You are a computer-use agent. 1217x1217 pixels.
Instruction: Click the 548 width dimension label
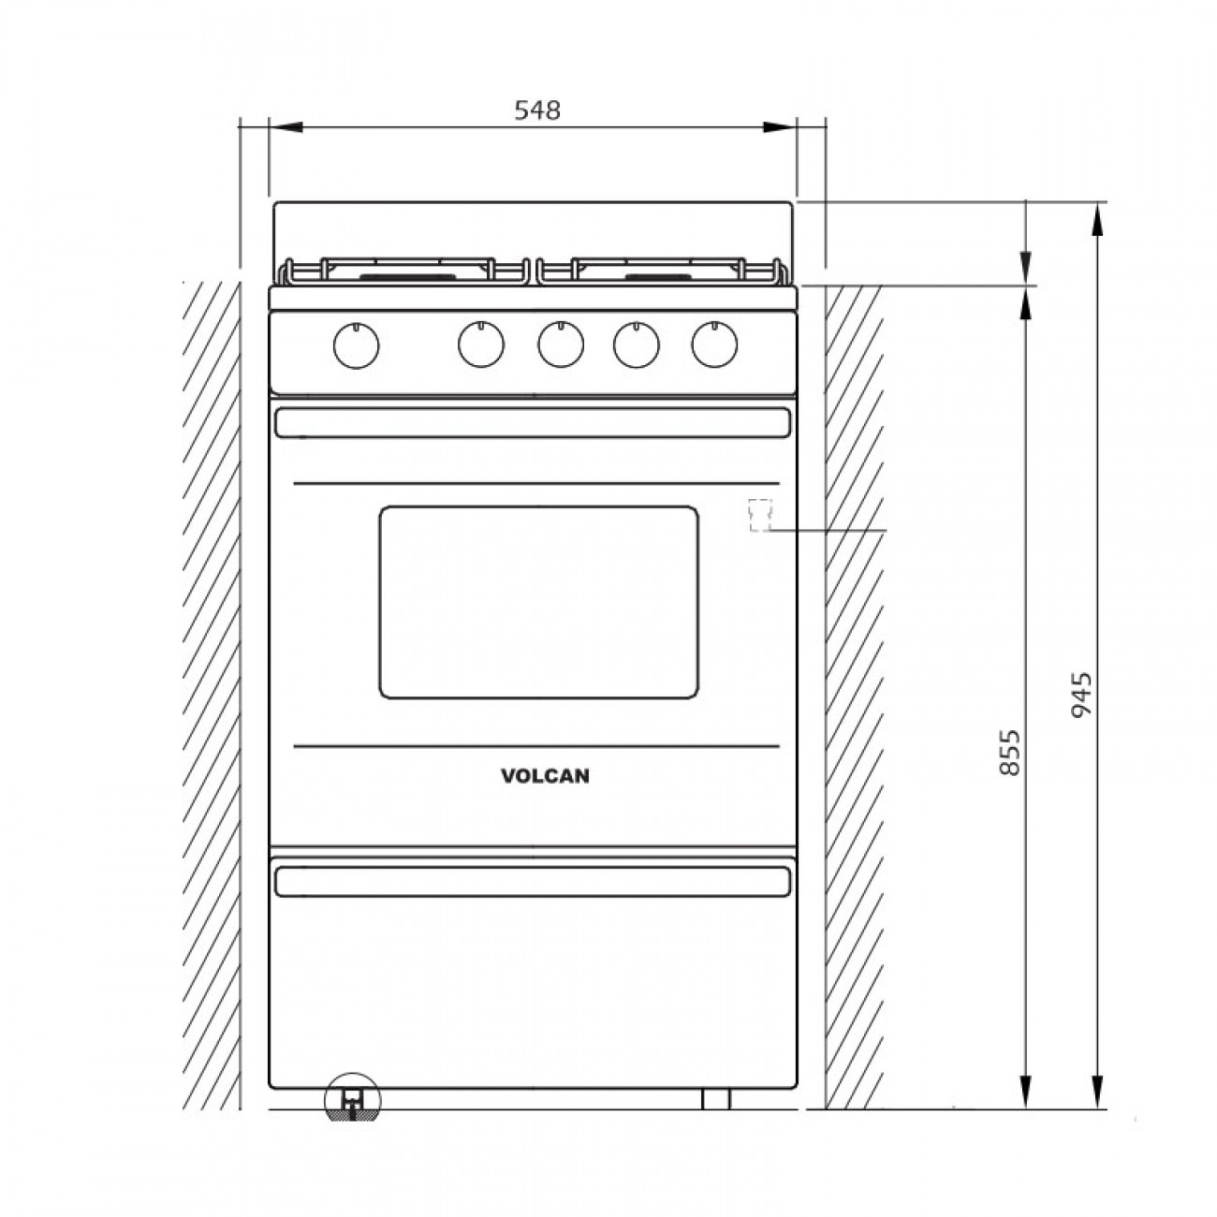tap(537, 110)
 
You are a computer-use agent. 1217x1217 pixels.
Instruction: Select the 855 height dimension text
tap(1008, 753)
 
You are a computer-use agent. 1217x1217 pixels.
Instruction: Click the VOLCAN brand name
tap(545, 775)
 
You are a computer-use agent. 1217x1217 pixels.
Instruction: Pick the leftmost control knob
tap(356, 346)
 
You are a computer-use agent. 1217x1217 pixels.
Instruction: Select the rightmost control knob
tap(714, 345)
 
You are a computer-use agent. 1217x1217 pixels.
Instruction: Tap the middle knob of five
tap(559, 345)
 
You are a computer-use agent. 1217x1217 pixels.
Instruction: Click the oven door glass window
tap(538, 602)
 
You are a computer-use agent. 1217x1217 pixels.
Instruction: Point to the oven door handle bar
tap(532, 423)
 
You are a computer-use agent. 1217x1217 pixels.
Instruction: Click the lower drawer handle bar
tap(532, 881)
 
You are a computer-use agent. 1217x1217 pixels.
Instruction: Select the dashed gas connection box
tap(759, 515)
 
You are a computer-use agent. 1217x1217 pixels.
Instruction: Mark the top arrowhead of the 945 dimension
tap(1098, 217)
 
